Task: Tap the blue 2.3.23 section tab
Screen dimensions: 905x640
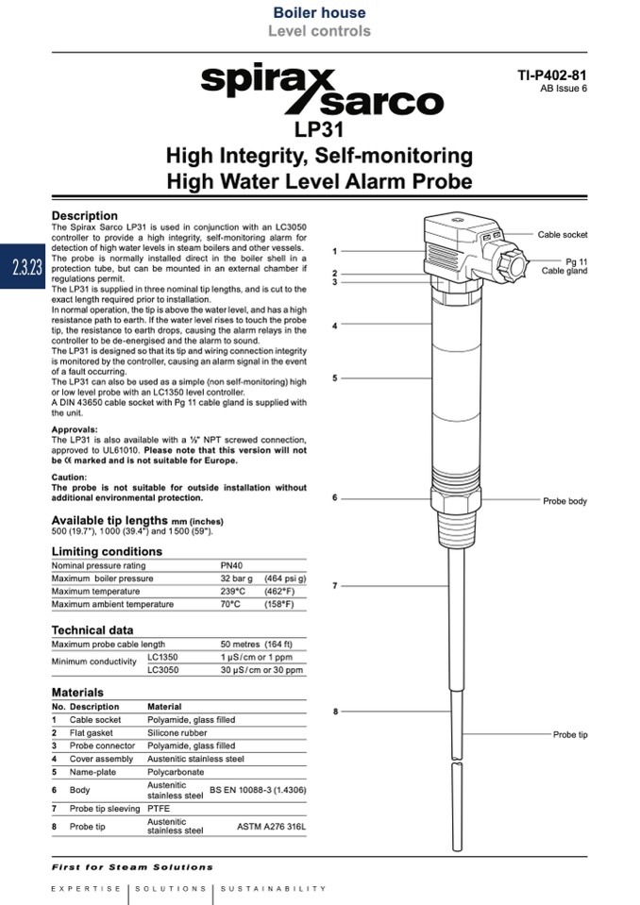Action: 22,267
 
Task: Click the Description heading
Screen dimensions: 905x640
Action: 84,215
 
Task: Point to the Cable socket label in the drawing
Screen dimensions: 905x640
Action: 562,235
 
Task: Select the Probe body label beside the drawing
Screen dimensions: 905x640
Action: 564,501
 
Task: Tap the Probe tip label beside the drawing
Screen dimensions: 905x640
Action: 569,734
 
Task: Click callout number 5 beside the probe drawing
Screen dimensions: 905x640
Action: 335,378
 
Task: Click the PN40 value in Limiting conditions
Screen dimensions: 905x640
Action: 232,565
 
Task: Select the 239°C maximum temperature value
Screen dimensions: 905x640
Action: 233,591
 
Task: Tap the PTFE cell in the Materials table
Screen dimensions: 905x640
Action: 158,808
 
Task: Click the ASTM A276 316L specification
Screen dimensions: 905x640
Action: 271,827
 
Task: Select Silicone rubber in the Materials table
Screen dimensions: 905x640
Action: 178,732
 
